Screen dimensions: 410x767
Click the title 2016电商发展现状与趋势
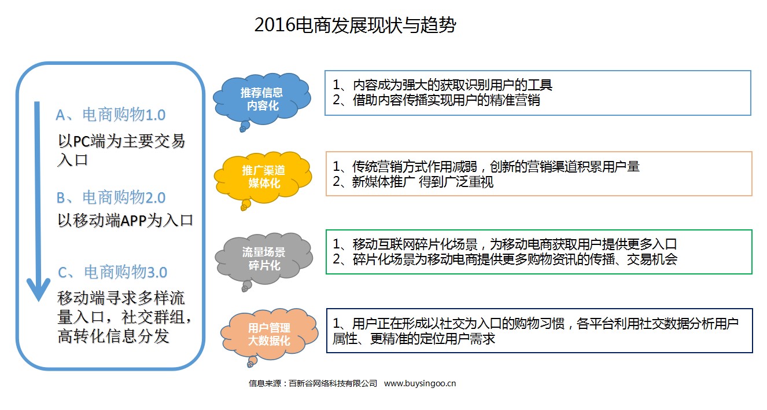click(355, 25)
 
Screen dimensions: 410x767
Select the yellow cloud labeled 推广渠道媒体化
click(263, 176)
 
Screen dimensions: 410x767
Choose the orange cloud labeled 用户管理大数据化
click(269, 334)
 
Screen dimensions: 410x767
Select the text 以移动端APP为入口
click(125, 221)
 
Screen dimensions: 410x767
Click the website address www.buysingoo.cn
click(420, 383)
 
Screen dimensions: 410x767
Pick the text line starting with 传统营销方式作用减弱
click(486, 167)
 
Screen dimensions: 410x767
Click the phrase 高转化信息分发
click(113, 335)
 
